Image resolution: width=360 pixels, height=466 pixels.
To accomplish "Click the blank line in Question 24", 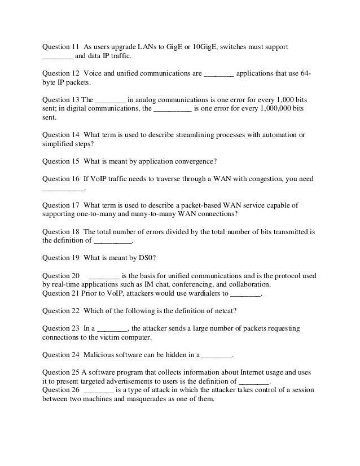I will tap(217, 356).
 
